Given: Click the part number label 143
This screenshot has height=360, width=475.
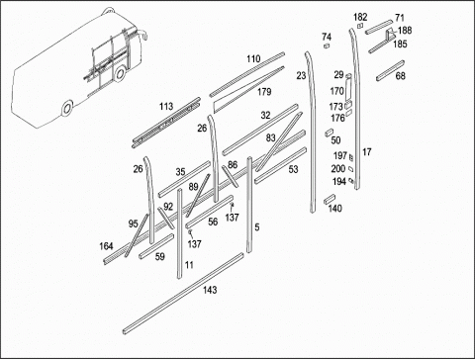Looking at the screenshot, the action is click(x=210, y=290).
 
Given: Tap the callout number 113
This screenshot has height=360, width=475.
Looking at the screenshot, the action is click(x=166, y=107).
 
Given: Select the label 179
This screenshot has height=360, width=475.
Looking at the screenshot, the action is click(x=264, y=92).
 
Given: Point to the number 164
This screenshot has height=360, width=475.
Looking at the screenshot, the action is click(x=106, y=246).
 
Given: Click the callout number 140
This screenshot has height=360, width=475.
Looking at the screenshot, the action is click(x=334, y=209).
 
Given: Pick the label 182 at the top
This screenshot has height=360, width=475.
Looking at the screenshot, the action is click(x=360, y=17).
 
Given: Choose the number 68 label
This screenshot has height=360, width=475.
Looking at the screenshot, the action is click(x=400, y=76).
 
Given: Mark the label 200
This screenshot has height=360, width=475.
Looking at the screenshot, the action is click(x=338, y=169).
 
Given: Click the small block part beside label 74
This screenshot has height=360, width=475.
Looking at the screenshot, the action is click(x=327, y=45).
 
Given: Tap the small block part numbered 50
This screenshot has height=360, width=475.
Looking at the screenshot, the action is click(x=330, y=133).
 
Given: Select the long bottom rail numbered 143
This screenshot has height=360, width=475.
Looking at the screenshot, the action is click(x=183, y=294).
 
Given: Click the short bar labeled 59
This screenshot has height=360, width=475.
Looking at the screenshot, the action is click(x=156, y=246).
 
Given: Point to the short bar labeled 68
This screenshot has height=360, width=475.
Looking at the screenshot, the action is click(x=390, y=70).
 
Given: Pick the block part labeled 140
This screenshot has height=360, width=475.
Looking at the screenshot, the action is click(x=330, y=199).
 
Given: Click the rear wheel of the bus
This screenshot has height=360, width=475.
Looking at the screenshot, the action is click(x=67, y=108).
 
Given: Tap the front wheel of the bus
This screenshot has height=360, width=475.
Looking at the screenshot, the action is click(x=121, y=73).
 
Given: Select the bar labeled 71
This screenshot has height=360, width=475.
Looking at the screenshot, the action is click(x=379, y=27).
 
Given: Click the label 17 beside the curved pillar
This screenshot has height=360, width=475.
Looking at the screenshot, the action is click(x=367, y=152).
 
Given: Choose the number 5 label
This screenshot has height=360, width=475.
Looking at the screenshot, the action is click(x=257, y=227).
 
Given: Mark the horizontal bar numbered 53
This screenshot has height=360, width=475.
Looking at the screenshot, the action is click(x=280, y=165).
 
